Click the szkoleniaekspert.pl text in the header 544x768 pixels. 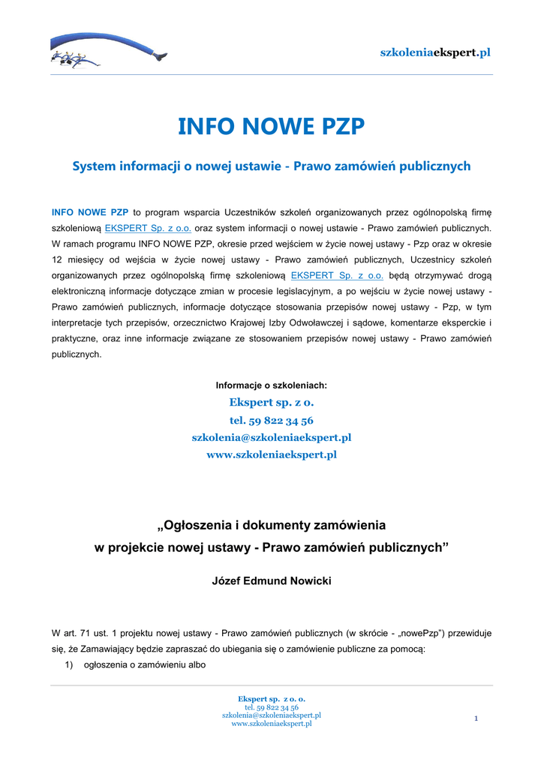[435, 52]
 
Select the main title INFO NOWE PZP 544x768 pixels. [271, 127]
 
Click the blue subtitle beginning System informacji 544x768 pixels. [271, 166]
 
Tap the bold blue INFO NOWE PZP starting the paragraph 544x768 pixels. [89, 212]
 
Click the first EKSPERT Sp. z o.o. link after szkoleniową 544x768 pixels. [149, 228]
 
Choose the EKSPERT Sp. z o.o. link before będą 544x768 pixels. [337, 275]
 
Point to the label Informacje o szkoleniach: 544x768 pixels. [271, 385]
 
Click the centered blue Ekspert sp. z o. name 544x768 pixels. [271, 403]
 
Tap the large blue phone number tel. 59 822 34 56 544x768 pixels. [271, 420]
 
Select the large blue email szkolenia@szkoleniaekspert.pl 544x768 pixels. [271, 437]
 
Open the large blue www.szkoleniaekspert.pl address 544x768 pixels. [271, 454]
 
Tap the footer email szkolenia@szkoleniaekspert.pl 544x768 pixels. [271, 715]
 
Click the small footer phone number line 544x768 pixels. [271, 707]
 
